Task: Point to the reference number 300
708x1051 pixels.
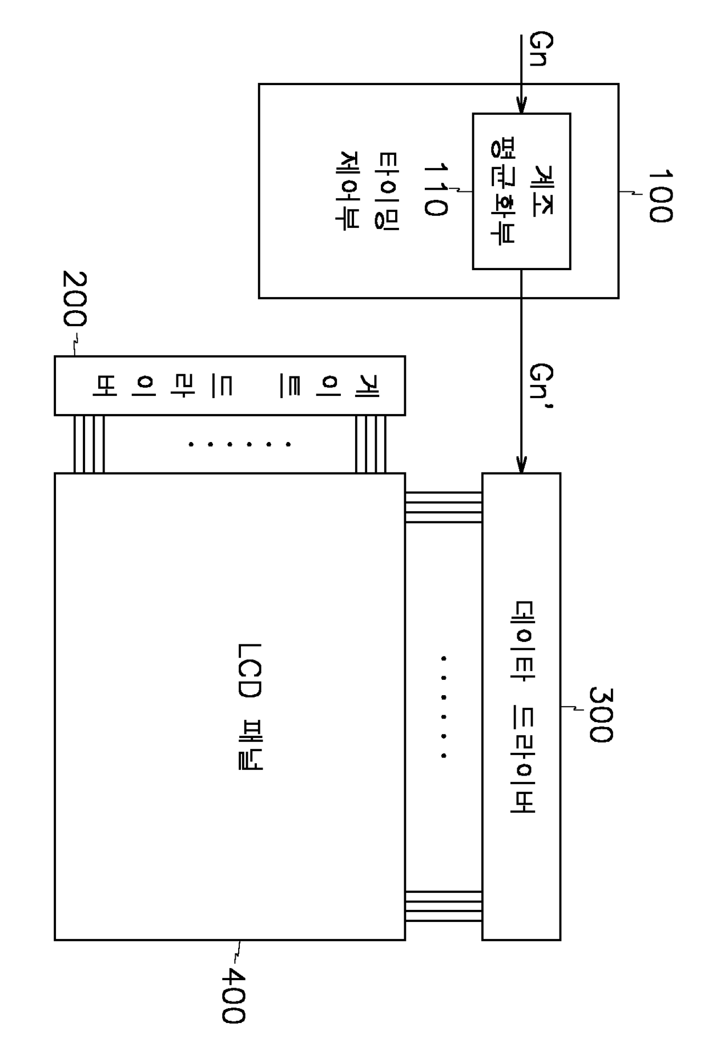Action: (600, 714)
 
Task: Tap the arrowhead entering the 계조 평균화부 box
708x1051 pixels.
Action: (521, 107)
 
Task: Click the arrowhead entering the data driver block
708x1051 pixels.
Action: (521, 466)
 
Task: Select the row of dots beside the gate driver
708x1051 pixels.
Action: (240, 444)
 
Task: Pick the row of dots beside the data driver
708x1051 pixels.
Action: (444, 707)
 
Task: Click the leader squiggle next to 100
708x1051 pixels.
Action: (630, 193)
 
